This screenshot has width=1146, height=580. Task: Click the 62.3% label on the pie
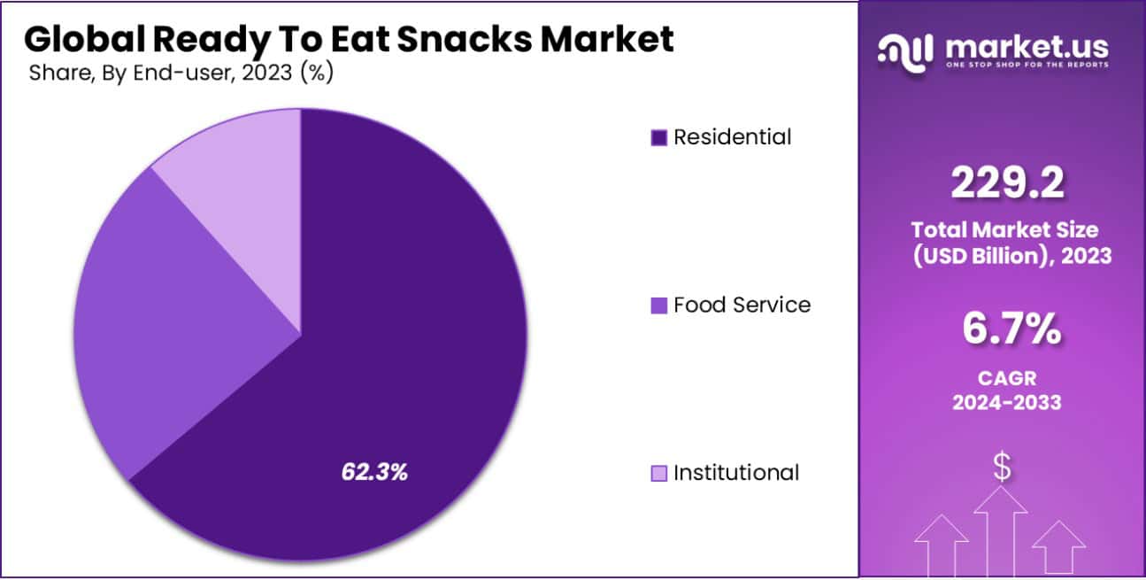(x=374, y=472)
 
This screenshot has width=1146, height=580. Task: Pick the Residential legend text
(x=732, y=137)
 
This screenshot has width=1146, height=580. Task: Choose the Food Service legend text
(x=742, y=305)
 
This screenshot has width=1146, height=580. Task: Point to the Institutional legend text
(x=735, y=473)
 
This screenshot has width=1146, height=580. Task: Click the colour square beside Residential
(x=658, y=138)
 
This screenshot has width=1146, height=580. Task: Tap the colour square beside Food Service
(x=658, y=305)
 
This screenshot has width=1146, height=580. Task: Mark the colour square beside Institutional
(x=658, y=474)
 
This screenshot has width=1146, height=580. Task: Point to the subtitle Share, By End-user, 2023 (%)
(x=181, y=73)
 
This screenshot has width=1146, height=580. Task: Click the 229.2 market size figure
(x=1007, y=184)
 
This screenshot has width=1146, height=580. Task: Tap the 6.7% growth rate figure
(x=1011, y=330)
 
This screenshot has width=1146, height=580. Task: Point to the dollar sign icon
(x=1001, y=468)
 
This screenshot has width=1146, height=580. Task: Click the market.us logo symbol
(x=904, y=51)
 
